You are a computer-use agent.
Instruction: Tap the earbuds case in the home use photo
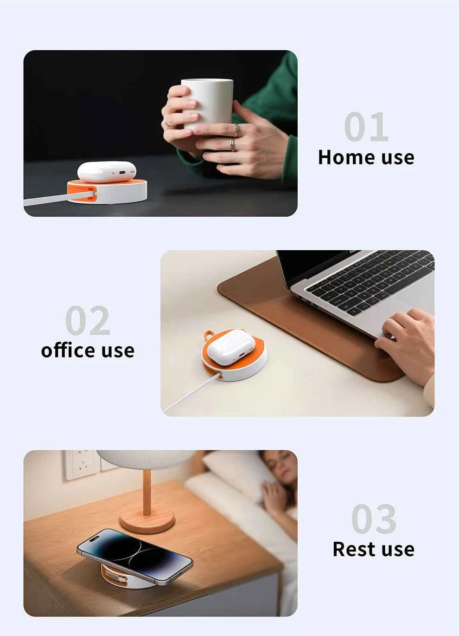click(x=106, y=171)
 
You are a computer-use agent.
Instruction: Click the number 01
click(x=366, y=127)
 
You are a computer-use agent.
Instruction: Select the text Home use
click(x=366, y=157)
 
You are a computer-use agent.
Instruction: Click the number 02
click(x=88, y=320)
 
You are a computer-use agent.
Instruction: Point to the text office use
click(x=88, y=350)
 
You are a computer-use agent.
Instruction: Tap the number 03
click(x=374, y=519)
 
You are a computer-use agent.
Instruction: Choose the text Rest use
click(x=374, y=549)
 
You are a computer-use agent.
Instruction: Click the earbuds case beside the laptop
click(x=231, y=346)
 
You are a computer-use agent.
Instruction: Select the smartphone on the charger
click(x=134, y=556)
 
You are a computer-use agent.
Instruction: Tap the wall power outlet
click(x=81, y=464)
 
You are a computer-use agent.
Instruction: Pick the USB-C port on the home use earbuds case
click(x=122, y=173)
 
